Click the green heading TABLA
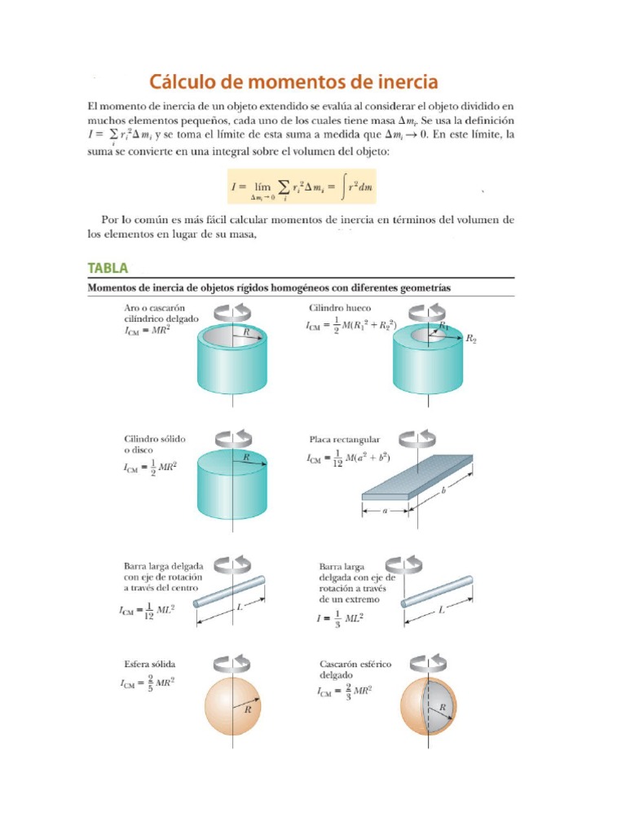108,268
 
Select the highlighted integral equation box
302,187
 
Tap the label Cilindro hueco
339,309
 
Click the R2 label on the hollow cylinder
470,340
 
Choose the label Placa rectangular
344,439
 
